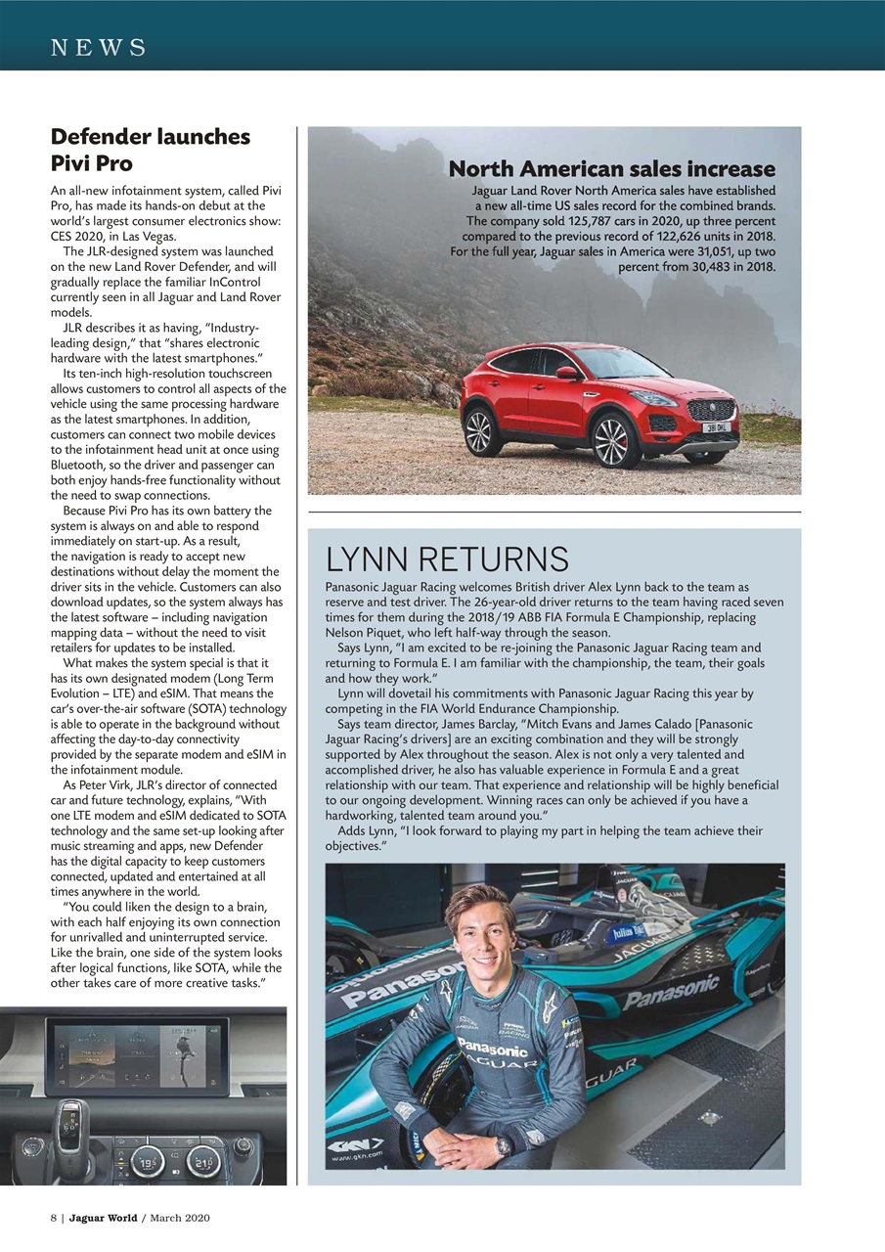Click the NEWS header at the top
click(x=98, y=47)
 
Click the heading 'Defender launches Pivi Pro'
click(x=150, y=149)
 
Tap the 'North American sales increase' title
click(x=611, y=169)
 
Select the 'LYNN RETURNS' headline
click(x=447, y=559)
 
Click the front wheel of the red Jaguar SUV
click(x=616, y=441)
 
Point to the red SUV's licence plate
click(x=716, y=427)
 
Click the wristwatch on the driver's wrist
click(x=504, y=1145)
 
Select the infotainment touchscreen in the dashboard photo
click(x=137, y=1054)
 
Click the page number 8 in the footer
click(x=54, y=1218)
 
